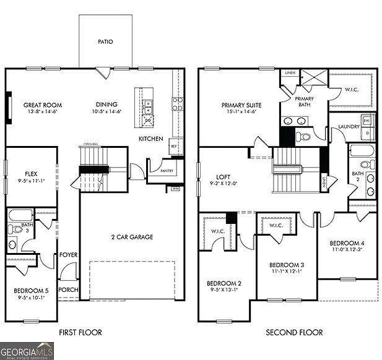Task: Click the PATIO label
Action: [105, 42]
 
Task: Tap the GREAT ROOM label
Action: [42, 105]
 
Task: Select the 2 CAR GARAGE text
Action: [132, 237]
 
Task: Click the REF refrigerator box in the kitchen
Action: [174, 147]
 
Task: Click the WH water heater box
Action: [175, 188]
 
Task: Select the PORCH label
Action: [67, 289]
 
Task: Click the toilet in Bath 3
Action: [12, 229]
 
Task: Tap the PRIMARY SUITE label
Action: [240, 105]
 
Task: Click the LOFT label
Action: [215, 176]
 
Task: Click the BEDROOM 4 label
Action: [346, 242]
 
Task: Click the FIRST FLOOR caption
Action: [80, 333]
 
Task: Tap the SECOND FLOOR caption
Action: [294, 333]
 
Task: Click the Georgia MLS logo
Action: [27, 351]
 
